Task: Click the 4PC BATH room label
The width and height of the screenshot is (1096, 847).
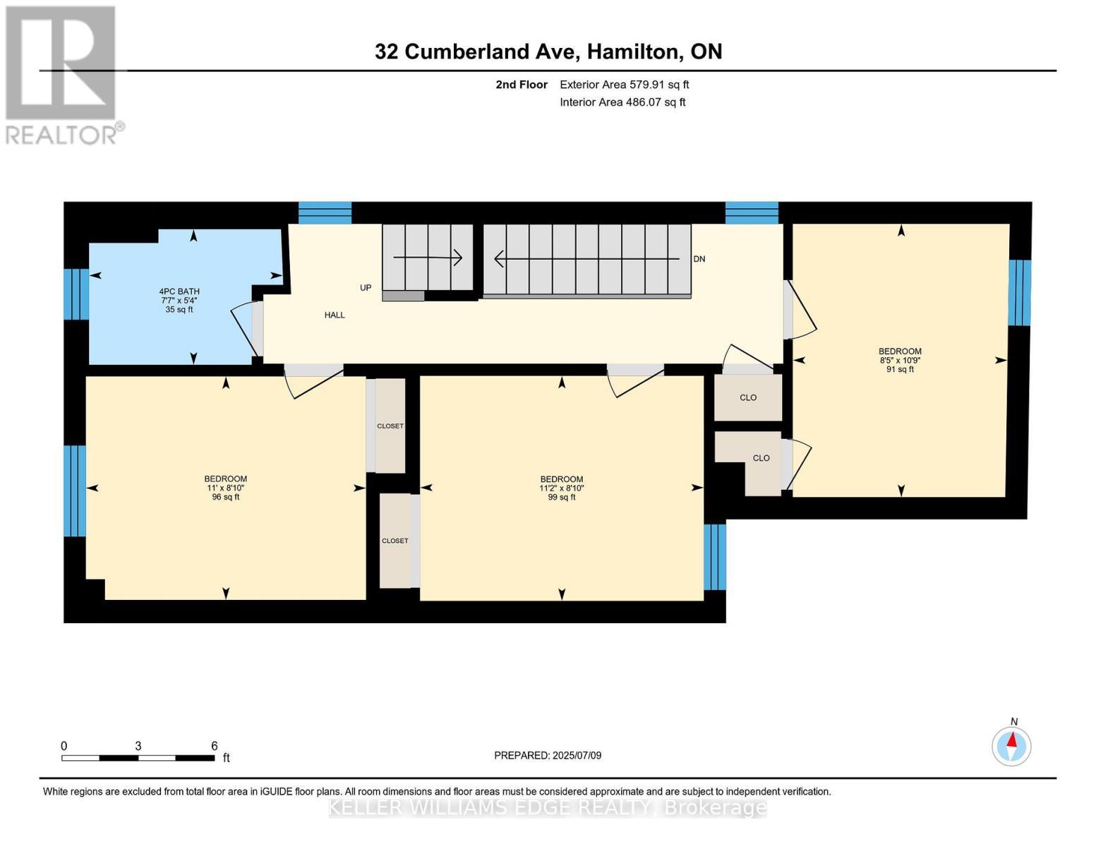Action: (x=179, y=291)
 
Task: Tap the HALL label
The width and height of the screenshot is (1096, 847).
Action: (x=335, y=315)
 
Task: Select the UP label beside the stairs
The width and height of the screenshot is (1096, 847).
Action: (x=366, y=288)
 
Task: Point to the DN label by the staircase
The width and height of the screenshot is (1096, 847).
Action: (x=699, y=259)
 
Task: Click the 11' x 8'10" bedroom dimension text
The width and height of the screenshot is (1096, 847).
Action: (x=225, y=488)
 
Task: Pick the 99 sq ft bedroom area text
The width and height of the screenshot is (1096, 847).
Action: (x=561, y=497)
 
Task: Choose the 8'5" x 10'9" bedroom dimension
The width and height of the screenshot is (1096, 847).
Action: (x=900, y=360)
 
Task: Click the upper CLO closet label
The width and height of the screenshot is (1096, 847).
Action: (x=748, y=397)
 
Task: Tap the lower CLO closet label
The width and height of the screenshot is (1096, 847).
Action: (x=761, y=458)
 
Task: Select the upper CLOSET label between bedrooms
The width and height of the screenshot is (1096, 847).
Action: (x=390, y=426)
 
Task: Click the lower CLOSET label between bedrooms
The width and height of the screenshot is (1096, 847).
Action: (x=395, y=541)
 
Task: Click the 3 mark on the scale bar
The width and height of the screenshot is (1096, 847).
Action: (x=138, y=746)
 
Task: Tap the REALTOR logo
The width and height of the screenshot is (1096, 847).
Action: (x=62, y=74)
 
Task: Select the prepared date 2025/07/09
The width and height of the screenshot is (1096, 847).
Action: (x=548, y=755)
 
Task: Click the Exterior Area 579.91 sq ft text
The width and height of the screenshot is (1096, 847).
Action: (x=624, y=85)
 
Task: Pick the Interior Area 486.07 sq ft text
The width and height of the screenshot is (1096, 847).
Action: (x=622, y=102)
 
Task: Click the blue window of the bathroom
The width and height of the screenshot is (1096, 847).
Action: (x=76, y=294)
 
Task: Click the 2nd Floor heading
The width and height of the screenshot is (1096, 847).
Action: (x=522, y=85)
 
